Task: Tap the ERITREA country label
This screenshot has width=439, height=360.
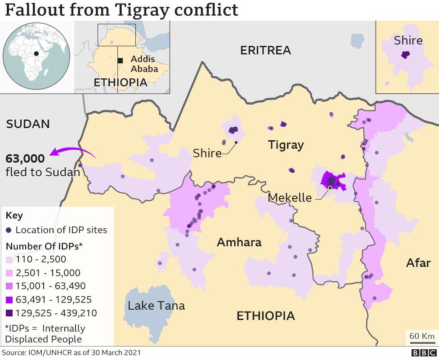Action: coord(265,50)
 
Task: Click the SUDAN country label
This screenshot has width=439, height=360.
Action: coord(28,124)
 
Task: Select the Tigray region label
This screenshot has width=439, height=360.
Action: coord(286,145)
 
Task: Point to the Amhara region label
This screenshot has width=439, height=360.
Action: coord(239,243)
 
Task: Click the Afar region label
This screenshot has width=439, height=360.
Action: coord(418,263)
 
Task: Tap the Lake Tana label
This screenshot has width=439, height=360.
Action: coord(156,306)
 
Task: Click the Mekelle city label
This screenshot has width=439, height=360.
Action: coord(290,198)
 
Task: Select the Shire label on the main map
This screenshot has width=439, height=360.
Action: coord(207,153)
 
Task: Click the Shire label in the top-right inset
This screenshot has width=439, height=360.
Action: coord(408,41)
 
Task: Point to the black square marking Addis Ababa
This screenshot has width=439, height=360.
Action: coord(120,61)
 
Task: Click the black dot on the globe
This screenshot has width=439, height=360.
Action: coord(36,53)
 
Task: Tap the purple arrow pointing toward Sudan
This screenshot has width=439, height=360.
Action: coord(72,152)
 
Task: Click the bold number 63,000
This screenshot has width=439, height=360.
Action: coord(25,159)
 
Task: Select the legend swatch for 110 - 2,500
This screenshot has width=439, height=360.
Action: coord(9,259)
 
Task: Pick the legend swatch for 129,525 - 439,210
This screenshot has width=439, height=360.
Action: coord(9,313)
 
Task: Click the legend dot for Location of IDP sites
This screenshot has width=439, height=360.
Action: coord(9,230)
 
